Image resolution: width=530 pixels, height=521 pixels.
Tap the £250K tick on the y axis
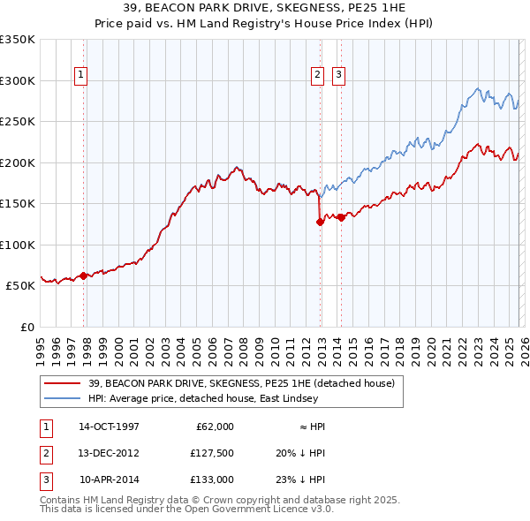[x=18, y=122]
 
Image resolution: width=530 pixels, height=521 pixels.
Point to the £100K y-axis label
[x=18, y=245]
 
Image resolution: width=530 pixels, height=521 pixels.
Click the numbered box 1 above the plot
[x=80, y=76]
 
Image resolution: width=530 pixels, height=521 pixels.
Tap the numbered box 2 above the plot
[x=317, y=76]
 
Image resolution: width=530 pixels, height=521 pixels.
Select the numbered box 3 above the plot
[x=338, y=76]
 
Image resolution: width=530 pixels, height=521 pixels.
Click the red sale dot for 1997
[x=84, y=276]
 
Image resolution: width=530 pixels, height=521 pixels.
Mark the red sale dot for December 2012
[x=320, y=223]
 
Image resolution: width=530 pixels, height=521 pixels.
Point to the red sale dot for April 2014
[x=341, y=217]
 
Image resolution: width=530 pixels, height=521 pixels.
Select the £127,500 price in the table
[x=212, y=453]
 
